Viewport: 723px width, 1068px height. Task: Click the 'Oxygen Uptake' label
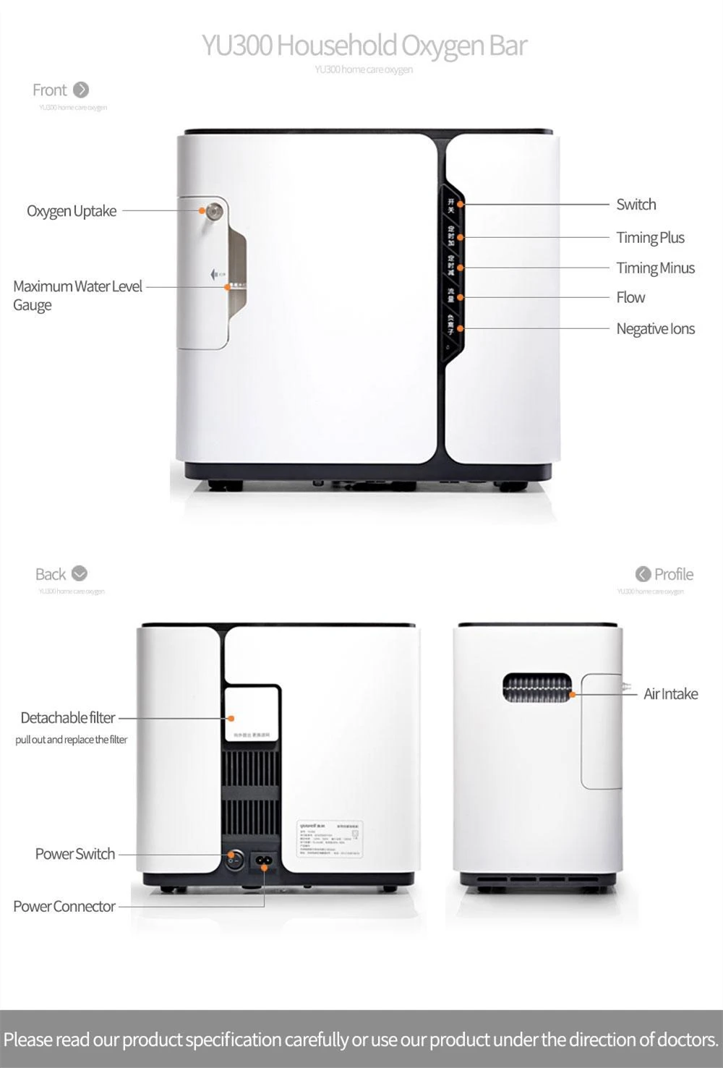point(72,211)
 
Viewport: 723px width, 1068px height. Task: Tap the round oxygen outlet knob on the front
point(214,211)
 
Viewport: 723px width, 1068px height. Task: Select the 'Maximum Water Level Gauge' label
point(77,295)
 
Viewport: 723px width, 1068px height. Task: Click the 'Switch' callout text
point(636,205)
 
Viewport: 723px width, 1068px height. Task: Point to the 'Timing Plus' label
point(650,238)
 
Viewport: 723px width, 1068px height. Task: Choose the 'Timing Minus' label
point(655,268)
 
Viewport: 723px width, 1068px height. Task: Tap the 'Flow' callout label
point(630,297)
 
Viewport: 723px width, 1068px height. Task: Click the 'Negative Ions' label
point(655,329)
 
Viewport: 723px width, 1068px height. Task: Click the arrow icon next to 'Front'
point(81,90)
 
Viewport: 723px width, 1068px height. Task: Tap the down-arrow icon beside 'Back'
point(80,573)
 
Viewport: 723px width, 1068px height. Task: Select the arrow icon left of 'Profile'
point(643,574)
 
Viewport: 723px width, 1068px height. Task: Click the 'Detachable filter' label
point(68,718)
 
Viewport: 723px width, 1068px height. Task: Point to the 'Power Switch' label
point(75,854)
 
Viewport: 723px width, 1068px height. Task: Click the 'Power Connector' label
point(64,907)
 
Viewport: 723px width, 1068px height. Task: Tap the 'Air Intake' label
point(671,694)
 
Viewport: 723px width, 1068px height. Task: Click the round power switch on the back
point(232,860)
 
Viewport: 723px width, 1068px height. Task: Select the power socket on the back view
point(264,861)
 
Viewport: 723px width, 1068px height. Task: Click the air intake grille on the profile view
point(536,688)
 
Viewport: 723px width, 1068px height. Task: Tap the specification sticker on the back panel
point(330,839)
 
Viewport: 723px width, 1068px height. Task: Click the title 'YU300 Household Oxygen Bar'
point(364,45)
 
